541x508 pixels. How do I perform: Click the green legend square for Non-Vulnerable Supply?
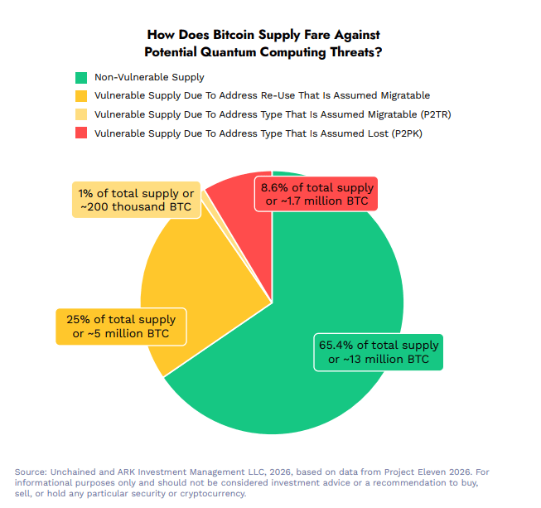coord(80,78)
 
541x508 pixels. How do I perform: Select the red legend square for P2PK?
coord(80,133)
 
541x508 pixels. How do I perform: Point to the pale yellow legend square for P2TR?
coord(80,114)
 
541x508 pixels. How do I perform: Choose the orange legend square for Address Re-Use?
coord(80,96)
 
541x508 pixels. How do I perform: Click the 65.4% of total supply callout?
coord(379,352)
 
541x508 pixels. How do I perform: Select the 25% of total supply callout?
coord(121,327)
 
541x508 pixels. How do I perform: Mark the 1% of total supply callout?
coord(136,200)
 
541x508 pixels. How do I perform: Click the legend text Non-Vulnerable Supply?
coord(150,78)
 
